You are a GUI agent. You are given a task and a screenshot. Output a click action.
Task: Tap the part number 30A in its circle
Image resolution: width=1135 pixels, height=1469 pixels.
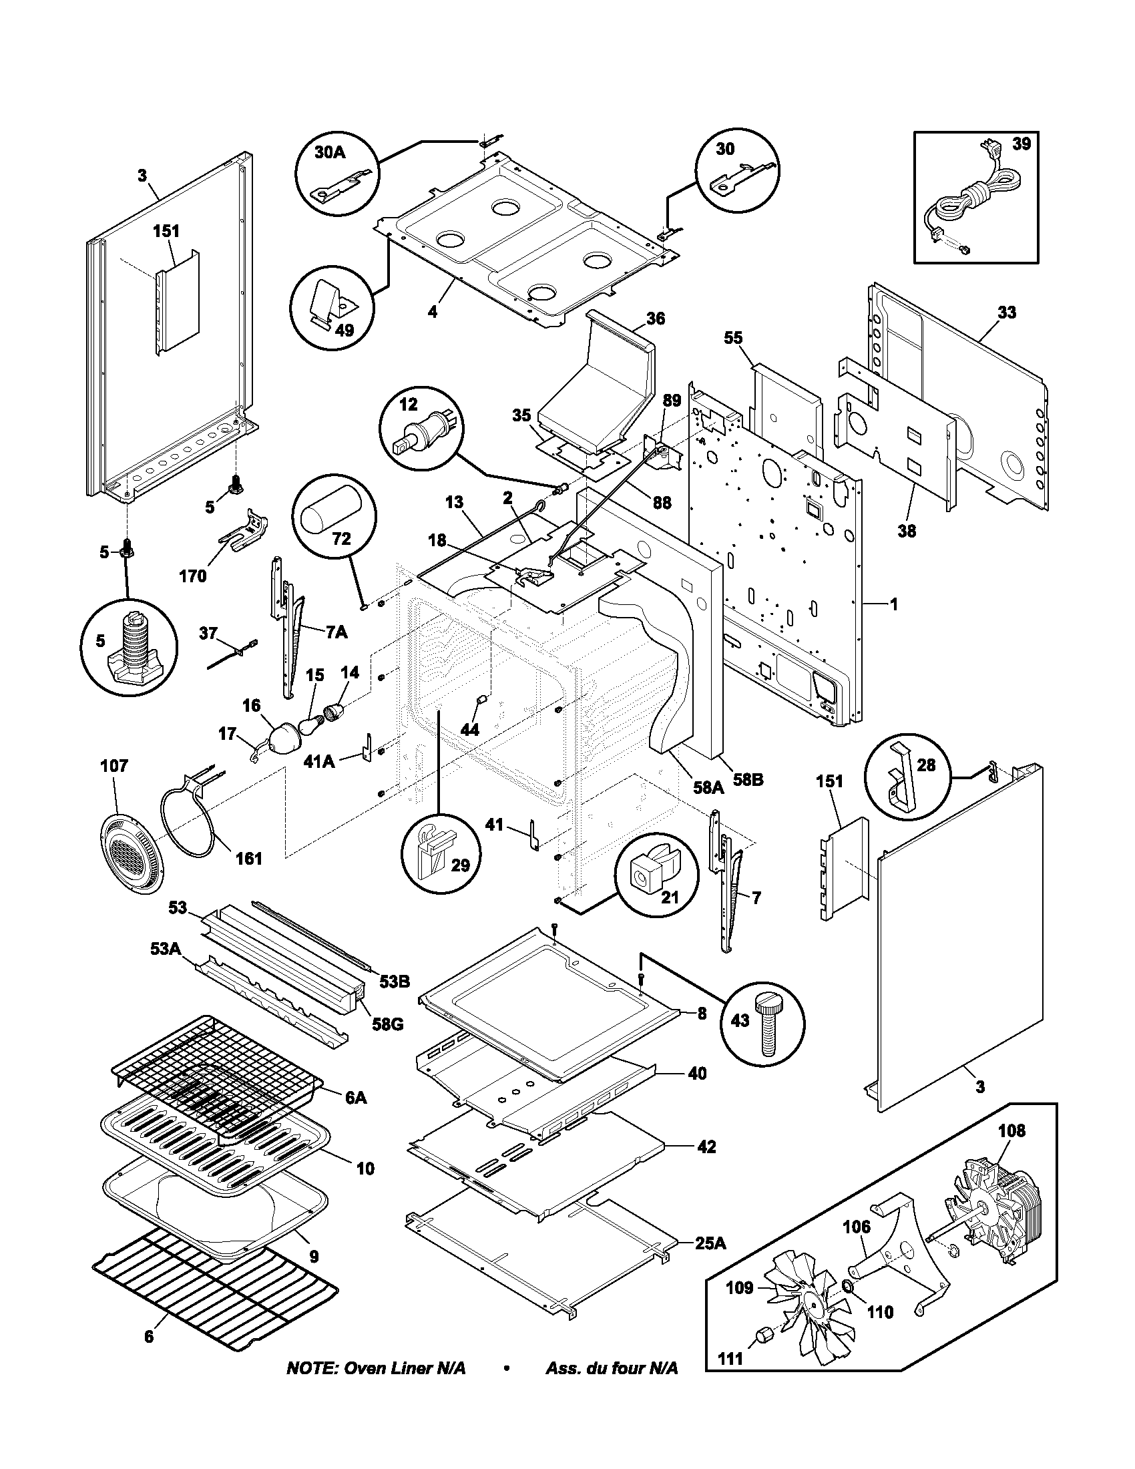click(329, 153)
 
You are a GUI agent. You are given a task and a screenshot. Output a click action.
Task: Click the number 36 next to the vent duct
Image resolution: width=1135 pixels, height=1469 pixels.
click(655, 318)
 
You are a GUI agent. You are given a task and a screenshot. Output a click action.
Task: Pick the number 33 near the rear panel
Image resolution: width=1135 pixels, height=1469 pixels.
click(1007, 312)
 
